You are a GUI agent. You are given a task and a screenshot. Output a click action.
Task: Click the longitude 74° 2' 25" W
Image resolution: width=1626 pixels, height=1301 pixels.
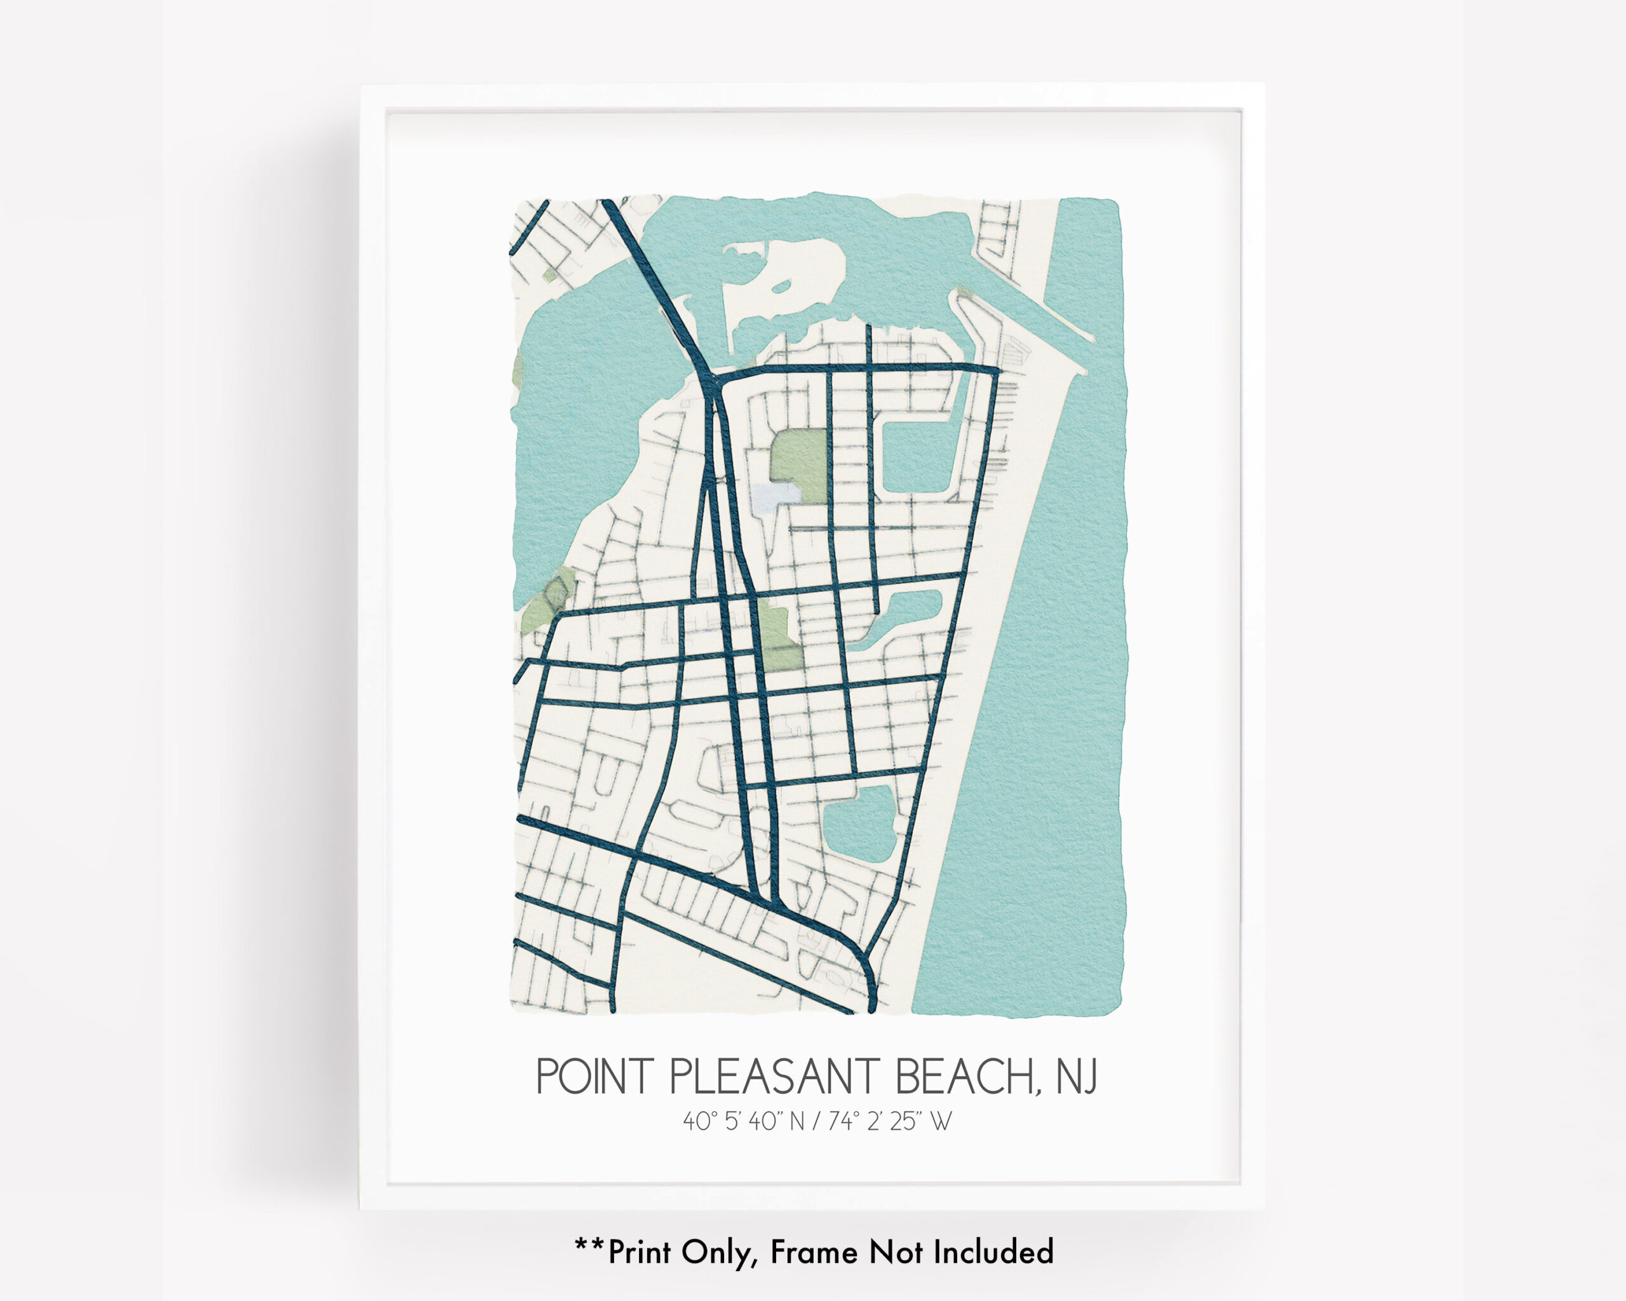(x=890, y=1121)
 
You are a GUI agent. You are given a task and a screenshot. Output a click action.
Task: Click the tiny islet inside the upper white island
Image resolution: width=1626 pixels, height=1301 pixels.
(x=781, y=286)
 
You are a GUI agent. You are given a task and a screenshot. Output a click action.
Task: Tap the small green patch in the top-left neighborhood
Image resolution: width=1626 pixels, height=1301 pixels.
(x=551, y=274)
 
